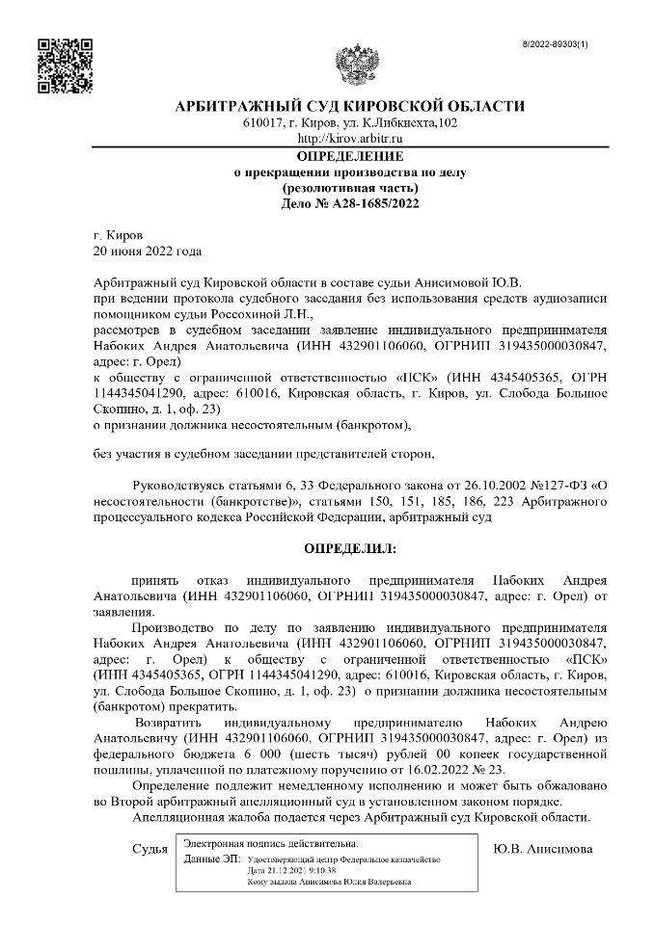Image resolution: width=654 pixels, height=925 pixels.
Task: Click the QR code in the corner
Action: [64, 65]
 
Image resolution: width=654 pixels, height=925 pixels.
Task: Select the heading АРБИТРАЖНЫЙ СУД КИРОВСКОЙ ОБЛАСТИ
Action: [350, 106]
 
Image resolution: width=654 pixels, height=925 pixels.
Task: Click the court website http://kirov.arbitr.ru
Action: [350, 140]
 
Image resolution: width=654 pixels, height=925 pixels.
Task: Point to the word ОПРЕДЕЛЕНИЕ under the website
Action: [350, 156]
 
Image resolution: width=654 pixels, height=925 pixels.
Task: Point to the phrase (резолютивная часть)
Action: [350, 188]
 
